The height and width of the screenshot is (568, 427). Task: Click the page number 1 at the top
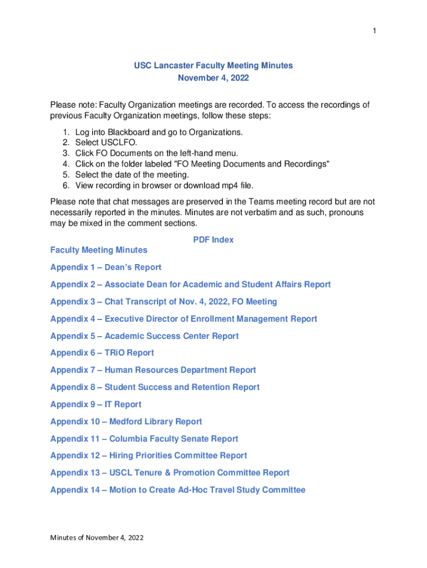374,31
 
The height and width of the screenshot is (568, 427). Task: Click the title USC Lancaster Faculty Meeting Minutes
213,65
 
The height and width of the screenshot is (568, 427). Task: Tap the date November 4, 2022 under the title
213,78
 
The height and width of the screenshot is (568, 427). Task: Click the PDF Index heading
213,240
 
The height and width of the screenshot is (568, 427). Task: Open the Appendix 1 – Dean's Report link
106,267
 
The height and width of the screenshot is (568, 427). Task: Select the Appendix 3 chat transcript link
164,302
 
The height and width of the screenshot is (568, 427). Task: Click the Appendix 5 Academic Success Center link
144,336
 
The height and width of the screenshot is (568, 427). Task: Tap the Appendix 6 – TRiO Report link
102,353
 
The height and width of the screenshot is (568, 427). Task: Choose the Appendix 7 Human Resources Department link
153,370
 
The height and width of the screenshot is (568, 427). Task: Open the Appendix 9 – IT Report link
95,404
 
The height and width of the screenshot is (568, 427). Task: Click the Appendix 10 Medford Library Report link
126,422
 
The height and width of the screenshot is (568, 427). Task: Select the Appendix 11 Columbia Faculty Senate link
144,439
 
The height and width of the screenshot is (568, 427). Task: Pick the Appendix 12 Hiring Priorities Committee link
149,455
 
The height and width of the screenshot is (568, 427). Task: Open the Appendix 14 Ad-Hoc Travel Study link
177,490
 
